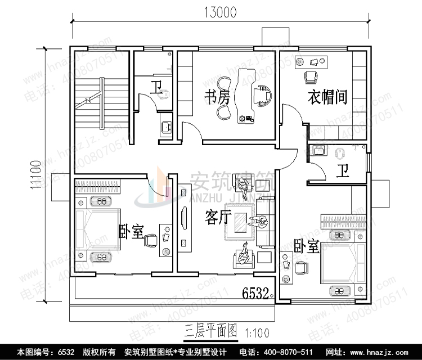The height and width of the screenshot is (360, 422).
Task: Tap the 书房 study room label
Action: coord(217,98)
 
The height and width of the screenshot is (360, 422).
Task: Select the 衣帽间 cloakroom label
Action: coord(327,97)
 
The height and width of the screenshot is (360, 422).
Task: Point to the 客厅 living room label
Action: coord(218,217)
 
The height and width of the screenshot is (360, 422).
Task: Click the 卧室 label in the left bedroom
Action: coord(131,231)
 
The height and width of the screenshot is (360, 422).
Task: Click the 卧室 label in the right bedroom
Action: coord(307,246)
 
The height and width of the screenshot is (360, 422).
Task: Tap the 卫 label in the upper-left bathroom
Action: coord(156,88)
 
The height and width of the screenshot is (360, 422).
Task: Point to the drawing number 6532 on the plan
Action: coord(257,292)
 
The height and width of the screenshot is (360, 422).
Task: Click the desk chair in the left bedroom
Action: coord(151,241)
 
